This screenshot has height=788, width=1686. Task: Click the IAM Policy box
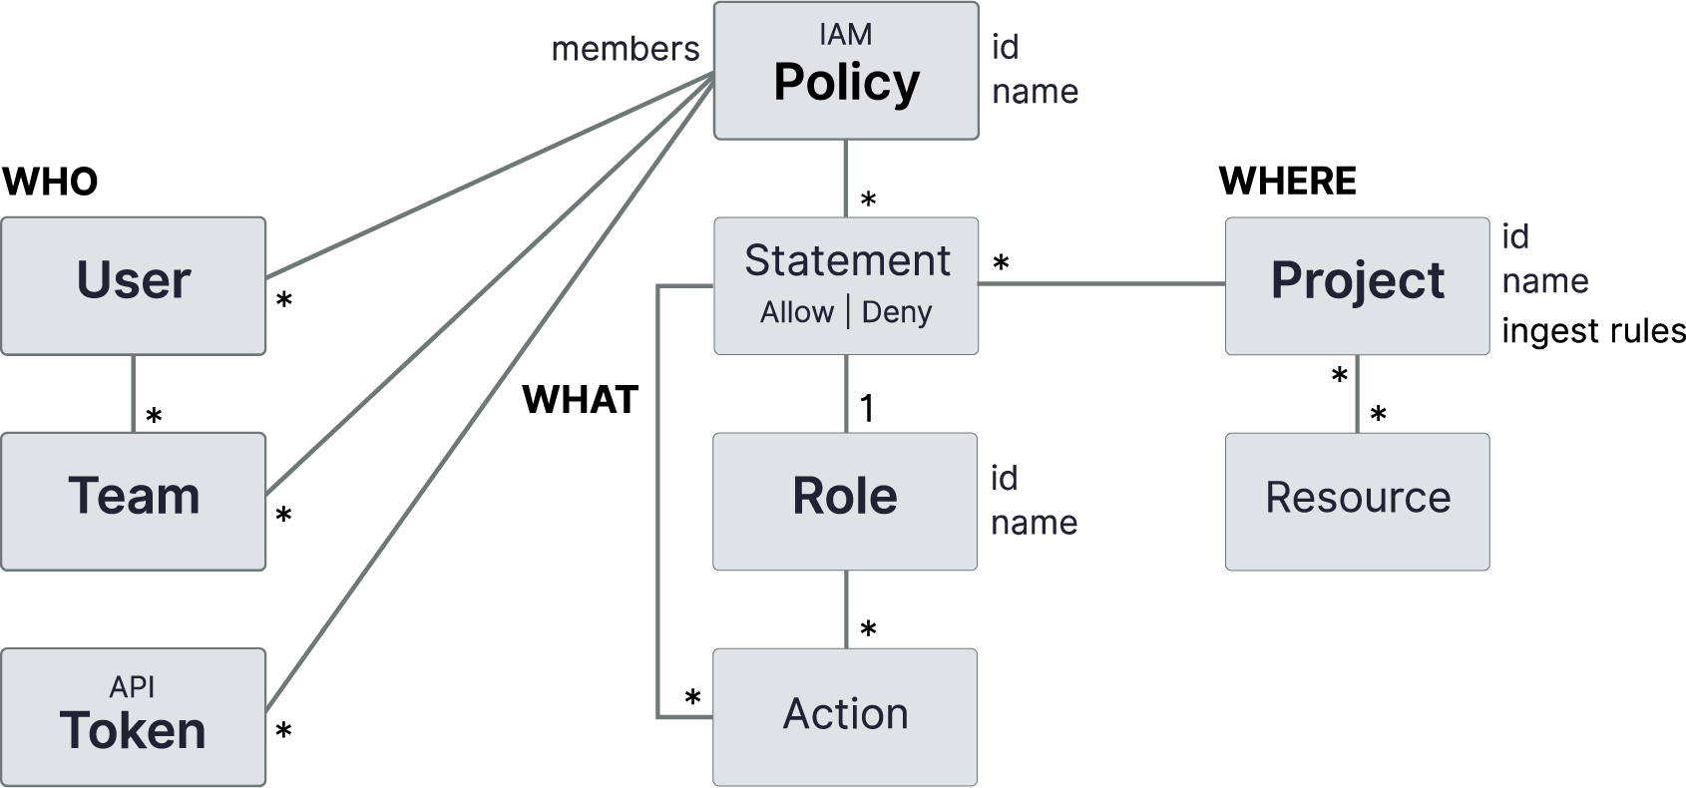click(x=846, y=71)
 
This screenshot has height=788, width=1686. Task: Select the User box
click(x=134, y=285)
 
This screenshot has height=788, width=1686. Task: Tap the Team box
click(x=134, y=501)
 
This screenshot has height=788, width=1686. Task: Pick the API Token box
click(x=134, y=717)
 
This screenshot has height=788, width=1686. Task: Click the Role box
click(x=845, y=501)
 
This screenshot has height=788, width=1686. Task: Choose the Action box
click(x=845, y=716)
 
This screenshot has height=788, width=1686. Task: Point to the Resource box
click(x=1357, y=501)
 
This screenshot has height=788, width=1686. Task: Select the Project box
click(x=1357, y=285)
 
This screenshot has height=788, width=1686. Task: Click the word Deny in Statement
click(x=896, y=312)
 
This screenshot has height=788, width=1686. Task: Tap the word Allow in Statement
click(x=796, y=312)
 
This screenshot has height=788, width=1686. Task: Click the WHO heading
click(x=50, y=183)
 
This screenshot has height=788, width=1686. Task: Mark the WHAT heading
click(x=580, y=400)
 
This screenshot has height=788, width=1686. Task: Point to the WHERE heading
click(x=1287, y=182)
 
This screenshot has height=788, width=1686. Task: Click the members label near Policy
click(x=626, y=49)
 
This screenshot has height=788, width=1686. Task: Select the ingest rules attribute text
click(x=1593, y=331)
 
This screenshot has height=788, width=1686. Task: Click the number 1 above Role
click(x=867, y=408)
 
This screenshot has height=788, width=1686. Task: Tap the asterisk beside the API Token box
click(x=283, y=732)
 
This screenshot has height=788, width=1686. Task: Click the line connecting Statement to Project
click(x=1101, y=284)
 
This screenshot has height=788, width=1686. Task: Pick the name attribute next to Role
click(x=1034, y=523)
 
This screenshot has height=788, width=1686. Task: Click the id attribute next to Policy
click(x=1005, y=47)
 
